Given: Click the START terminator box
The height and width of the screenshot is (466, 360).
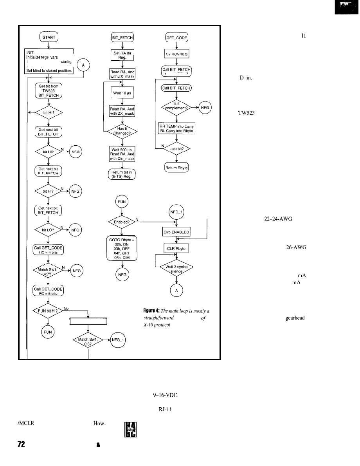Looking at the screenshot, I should click(x=49, y=38).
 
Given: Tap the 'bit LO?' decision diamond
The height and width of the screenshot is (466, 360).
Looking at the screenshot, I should click(x=48, y=230).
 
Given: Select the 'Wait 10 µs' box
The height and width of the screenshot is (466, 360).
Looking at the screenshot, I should click(x=121, y=93).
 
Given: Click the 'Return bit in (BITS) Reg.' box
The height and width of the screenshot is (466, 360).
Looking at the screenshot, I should click(x=121, y=174).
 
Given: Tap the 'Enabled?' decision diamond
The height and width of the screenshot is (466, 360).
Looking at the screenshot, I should click(x=121, y=222).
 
